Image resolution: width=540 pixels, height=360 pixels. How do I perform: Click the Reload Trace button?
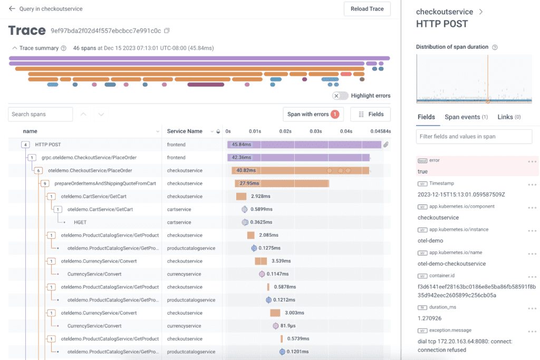367,9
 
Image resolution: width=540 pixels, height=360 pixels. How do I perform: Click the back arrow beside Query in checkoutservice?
12,9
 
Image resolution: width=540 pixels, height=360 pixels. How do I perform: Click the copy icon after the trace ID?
167,31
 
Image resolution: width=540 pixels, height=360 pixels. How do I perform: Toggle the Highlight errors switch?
340,95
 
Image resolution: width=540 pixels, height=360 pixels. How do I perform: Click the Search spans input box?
41,114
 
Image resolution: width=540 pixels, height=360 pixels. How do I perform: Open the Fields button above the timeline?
370,114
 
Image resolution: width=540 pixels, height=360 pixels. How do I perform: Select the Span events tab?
466,117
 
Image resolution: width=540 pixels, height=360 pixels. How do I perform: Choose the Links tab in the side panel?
508,117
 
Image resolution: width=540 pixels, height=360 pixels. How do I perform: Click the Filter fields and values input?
474,137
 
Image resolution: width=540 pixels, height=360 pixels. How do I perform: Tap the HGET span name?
80,222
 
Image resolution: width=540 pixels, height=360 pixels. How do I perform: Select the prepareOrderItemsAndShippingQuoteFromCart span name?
105,183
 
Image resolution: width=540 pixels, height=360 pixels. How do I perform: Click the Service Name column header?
185,131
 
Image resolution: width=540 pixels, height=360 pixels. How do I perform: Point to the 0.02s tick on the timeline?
285,131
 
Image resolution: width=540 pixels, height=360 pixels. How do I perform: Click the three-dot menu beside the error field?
532,161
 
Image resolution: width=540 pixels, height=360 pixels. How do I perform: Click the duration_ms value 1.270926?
430,318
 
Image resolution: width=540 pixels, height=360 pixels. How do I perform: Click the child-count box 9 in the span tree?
45,183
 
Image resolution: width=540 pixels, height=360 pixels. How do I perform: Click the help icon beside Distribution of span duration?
495,47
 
